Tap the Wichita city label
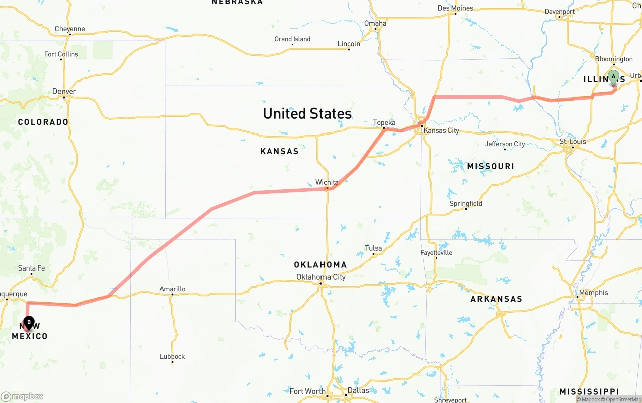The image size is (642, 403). coord(327,182)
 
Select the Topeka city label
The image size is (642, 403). coord(384,123)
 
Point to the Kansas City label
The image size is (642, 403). coord(441,131)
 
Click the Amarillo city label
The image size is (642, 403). coord(172,289)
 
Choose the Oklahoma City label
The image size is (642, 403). coord(320,277)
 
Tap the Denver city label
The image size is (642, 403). coord(64,92)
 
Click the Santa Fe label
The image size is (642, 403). coord(31,268)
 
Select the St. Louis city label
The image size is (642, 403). coord(573,142)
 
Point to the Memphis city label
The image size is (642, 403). coord(593,293)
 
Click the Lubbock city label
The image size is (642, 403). coord(172,357)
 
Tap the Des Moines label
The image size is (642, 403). coord(455,8)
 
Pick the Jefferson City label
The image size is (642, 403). coord(505,144)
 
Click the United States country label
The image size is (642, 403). coord(307,113)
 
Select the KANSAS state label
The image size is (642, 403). coord(279,151)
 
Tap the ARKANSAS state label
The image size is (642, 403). coord(496,299)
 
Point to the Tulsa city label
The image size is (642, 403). coord(373,248)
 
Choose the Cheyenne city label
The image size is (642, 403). coord(70,29)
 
